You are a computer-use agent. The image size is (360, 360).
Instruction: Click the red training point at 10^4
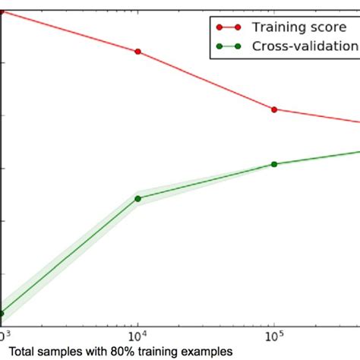[137, 52]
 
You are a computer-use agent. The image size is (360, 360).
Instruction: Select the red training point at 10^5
[274, 109]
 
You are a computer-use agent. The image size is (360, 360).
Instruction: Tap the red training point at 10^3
[2, 11]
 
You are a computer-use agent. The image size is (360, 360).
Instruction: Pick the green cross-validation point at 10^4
[137, 198]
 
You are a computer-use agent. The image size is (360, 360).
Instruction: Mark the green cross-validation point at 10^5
[274, 164]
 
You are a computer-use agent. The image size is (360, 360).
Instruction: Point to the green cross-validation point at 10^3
[2, 314]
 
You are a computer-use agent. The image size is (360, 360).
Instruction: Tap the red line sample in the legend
[227, 27]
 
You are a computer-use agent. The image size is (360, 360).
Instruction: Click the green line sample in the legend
[227, 46]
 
